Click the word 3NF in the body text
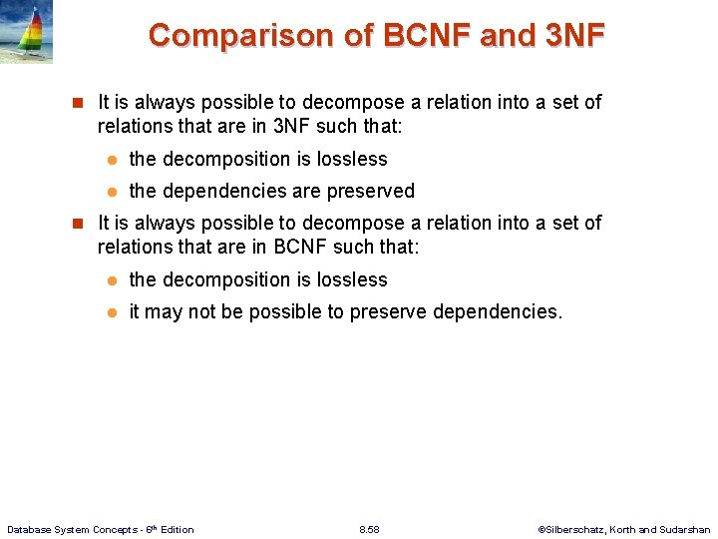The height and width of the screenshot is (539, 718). pos(293,127)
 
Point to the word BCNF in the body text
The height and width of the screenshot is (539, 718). pos(305,248)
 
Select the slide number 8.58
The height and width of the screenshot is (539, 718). pos(369,529)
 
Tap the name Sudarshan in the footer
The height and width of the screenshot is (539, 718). pos(686,529)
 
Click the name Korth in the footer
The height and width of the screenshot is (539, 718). pos(625,529)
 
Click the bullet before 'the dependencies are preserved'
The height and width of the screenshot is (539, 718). pos(113,191)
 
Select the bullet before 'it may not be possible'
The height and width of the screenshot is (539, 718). pos(113,311)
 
